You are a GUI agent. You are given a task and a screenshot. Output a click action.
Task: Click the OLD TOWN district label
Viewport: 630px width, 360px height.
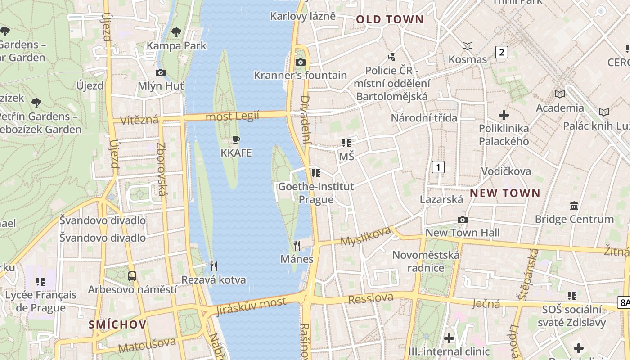click(390, 19)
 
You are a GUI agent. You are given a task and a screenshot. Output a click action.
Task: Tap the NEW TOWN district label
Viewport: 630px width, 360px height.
click(505, 193)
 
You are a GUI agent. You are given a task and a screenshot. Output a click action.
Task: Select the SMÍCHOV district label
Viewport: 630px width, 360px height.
click(117, 324)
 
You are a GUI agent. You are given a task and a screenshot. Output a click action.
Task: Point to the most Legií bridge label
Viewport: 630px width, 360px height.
click(232, 117)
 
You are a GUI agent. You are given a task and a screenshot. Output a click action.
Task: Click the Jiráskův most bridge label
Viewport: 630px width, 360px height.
click(251, 306)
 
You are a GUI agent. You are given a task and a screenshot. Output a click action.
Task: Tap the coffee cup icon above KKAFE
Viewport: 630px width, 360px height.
click(236, 140)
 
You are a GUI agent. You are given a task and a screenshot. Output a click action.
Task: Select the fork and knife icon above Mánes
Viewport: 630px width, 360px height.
click(297, 245)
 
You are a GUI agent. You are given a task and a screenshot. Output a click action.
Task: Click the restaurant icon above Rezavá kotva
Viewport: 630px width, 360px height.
click(214, 266)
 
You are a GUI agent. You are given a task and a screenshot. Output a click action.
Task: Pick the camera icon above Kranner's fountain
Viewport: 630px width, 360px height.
click(300, 62)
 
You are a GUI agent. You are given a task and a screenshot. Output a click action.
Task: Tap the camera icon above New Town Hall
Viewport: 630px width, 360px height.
click(462, 220)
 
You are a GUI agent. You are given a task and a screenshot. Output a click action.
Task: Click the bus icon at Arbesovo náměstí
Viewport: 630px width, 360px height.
click(132, 276)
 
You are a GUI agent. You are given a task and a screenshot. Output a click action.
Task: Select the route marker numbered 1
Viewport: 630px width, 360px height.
click(438, 167)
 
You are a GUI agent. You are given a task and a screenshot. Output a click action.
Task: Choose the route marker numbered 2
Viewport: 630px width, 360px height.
click(501, 52)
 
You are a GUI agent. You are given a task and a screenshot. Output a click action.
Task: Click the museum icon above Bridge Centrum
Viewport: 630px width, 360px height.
click(574, 206)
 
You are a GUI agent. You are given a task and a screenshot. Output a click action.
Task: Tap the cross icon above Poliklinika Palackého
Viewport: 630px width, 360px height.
click(504, 115)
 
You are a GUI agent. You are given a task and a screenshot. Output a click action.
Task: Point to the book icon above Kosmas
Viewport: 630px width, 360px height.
click(468, 46)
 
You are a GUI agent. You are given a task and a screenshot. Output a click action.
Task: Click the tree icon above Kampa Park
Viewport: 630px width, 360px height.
click(176, 32)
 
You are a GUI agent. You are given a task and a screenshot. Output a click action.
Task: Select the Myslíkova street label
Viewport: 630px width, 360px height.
click(365, 237)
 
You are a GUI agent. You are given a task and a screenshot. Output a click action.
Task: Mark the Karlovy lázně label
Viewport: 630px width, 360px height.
click(303, 16)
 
